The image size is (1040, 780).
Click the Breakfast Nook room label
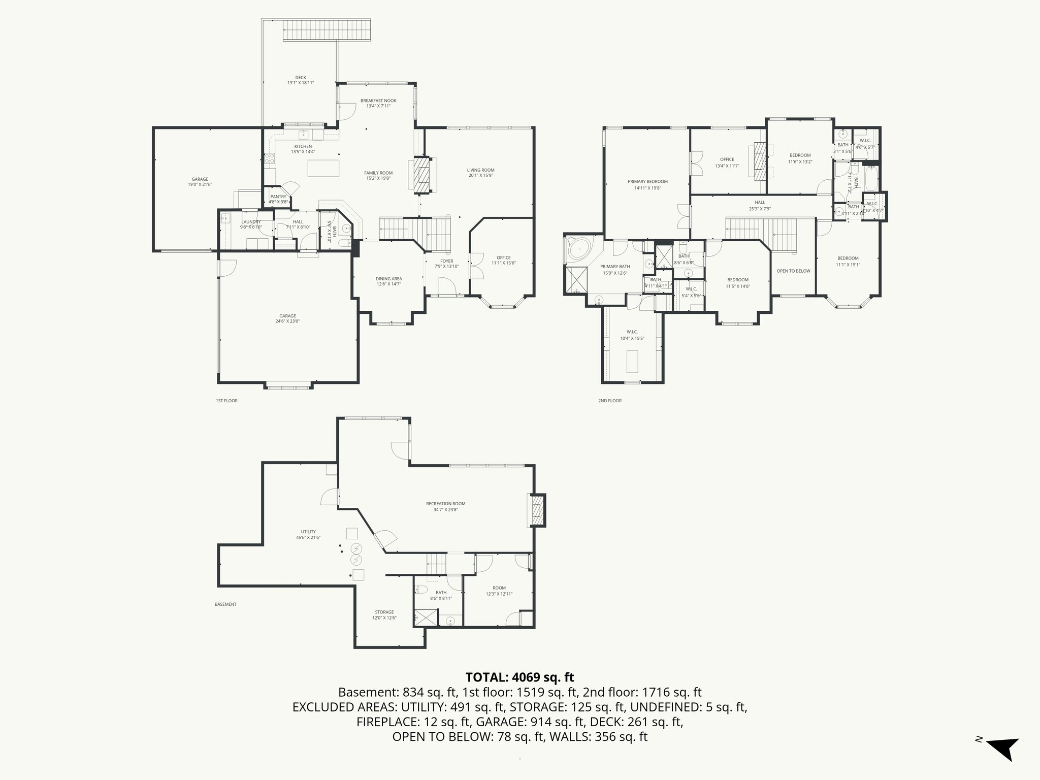[378, 101]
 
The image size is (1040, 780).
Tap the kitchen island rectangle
[323, 168]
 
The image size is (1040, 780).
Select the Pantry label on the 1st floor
[278, 197]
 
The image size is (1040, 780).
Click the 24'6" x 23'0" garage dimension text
[287, 321]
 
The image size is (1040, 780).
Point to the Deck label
[301, 78]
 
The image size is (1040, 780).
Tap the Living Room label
[480, 170]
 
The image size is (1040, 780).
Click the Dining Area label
[388, 278]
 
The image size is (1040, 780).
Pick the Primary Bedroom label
[647, 181]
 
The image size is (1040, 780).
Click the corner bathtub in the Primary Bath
[579, 250]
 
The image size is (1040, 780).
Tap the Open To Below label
[793, 271]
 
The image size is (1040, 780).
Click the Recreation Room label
[445, 504]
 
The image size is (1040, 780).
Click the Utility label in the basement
[308, 532]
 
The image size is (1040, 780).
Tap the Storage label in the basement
[384, 612]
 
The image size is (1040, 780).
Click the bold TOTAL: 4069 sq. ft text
[519, 677]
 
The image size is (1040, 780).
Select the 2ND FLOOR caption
[609, 401]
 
